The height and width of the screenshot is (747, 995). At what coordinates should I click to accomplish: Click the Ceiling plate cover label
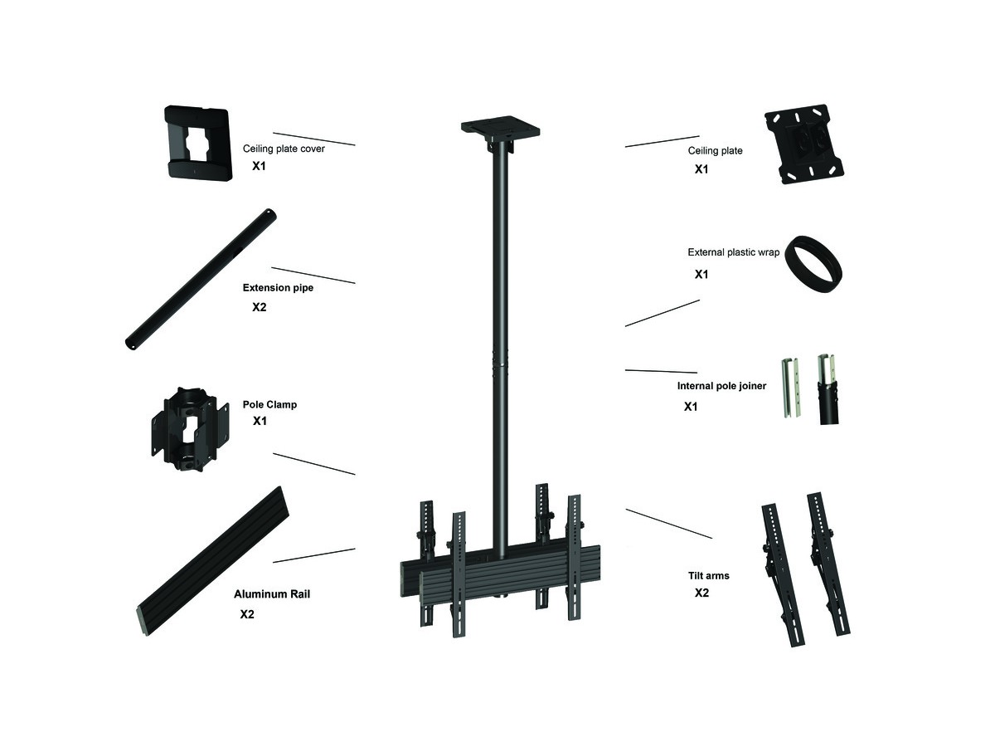click(x=284, y=149)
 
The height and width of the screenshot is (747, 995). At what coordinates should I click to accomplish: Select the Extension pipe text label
click(x=278, y=287)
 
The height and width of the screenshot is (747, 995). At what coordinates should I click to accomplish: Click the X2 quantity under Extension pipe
click(x=259, y=307)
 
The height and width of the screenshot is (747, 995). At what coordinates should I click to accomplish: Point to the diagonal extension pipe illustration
click(x=201, y=279)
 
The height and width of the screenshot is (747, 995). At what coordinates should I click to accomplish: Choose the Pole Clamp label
click(x=269, y=404)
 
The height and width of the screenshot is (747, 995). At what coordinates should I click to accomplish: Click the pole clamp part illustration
click(x=190, y=428)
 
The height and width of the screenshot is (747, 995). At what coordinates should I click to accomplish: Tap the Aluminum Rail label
click(x=272, y=594)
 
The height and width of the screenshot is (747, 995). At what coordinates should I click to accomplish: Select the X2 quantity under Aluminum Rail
click(x=247, y=614)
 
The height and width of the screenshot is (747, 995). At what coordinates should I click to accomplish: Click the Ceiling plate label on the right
click(x=715, y=150)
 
